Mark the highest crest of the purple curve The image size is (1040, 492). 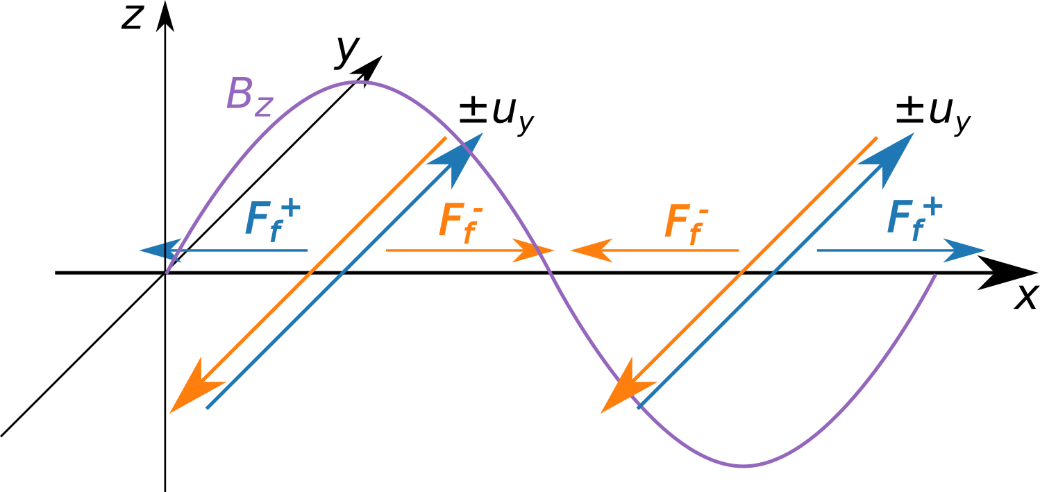357,83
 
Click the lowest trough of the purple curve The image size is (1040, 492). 743,466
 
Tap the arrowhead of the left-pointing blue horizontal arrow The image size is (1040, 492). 154,250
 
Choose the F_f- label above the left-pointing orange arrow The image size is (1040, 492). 687,222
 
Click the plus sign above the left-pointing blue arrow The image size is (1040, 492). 292,207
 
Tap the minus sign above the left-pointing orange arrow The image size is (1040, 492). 703,210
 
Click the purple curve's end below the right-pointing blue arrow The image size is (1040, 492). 935,276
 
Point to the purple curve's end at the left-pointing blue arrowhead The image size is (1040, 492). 167,273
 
